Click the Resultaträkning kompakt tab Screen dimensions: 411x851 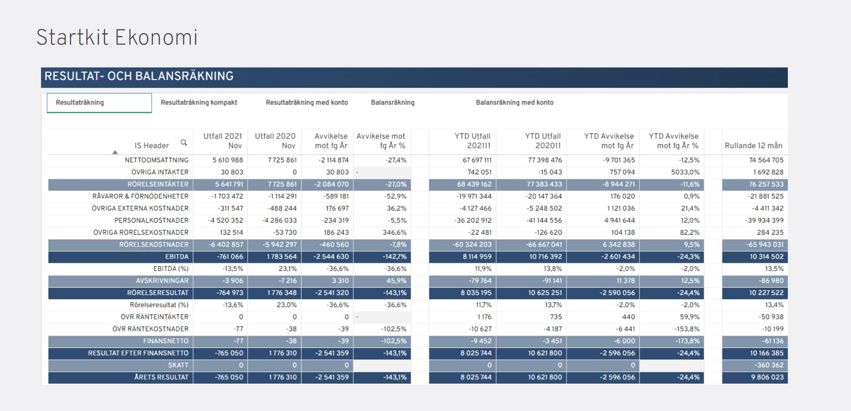[199, 103]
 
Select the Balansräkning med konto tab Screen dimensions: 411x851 [514, 103]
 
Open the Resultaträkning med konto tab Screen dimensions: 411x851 [307, 103]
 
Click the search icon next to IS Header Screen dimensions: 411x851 [184, 143]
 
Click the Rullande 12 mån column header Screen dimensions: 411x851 [753, 145]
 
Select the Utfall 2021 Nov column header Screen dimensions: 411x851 [223, 141]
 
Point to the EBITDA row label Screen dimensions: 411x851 [177, 257]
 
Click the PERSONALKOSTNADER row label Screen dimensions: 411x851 [151, 220]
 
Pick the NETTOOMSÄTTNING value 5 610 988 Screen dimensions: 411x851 [228, 160]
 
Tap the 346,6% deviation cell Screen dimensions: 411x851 [395, 232]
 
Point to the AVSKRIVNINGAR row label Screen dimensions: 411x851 [162, 281]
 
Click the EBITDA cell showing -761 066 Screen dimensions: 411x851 [230, 257]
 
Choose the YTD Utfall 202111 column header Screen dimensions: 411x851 [473, 141]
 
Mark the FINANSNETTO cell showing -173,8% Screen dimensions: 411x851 [686, 341]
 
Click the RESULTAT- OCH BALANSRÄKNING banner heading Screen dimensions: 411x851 [139, 76]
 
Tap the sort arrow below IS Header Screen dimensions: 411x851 [115, 152]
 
